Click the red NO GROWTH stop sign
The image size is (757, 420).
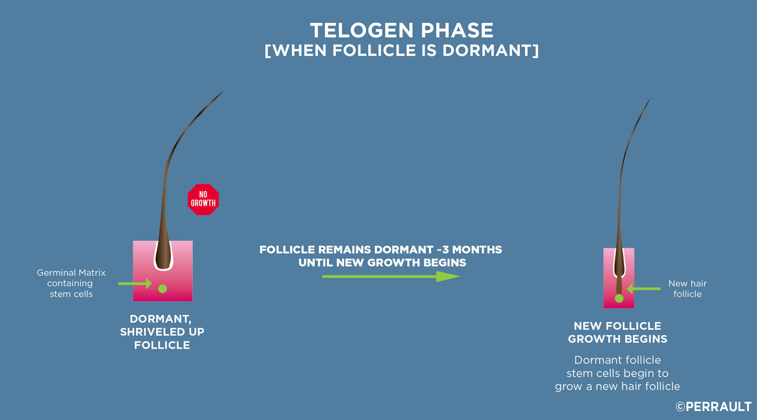203,199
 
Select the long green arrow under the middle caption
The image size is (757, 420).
391,277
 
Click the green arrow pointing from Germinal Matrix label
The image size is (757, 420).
135,283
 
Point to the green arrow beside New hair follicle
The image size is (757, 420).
643,289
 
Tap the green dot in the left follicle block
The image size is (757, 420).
162,289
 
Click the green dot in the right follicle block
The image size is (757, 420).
619,298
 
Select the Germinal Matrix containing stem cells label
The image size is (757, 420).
71,283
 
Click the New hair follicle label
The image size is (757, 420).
688,289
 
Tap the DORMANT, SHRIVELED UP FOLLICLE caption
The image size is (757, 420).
162,332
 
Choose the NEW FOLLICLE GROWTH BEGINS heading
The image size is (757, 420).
617,332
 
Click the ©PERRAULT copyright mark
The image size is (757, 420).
714,407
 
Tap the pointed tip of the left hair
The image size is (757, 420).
223,91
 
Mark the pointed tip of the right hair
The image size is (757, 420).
650,99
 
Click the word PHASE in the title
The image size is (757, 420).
457,30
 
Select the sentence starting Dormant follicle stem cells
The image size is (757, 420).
617,373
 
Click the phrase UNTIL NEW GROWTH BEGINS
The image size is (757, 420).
382,263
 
